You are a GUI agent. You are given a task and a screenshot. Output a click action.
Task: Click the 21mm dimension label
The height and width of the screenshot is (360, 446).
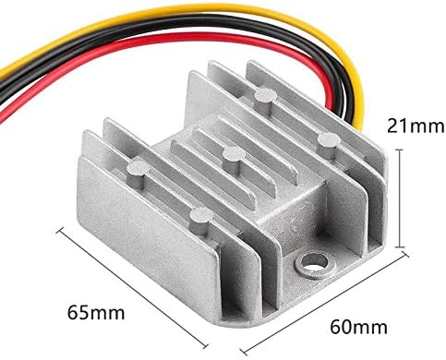[x=416, y=126]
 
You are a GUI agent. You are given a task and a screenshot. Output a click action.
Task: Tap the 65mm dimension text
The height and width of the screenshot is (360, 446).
[x=96, y=313]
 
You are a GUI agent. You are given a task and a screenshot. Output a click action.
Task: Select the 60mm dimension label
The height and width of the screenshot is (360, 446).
[x=358, y=328]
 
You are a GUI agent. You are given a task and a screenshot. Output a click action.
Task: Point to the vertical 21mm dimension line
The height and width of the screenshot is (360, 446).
[x=400, y=198]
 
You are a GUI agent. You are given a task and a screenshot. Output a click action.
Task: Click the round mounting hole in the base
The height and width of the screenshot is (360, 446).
[x=311, y=264]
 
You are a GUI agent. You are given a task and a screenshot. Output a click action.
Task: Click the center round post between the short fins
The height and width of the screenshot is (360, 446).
[x=234, y=161]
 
